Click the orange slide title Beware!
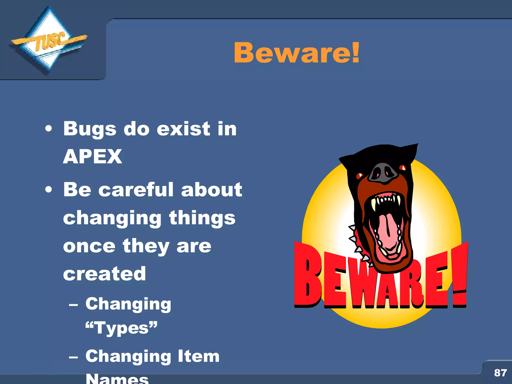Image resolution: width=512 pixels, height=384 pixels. point(296,53)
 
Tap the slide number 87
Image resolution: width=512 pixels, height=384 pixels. point(500,373)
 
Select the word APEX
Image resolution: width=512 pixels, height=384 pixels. point(93,156)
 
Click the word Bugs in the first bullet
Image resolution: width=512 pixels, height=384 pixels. point(90,129)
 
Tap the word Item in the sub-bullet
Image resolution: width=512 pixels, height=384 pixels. point(199,356)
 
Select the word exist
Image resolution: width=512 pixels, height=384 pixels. point(184,129)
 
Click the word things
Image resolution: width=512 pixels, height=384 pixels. point(202,218)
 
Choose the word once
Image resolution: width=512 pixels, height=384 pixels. point(89,246)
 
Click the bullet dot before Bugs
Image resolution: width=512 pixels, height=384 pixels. point(49,129)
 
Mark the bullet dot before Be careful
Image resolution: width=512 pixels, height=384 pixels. point(49,189)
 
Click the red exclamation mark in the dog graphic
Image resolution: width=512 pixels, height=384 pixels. point(459,275)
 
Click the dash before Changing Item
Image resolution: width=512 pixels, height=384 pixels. point(73,357)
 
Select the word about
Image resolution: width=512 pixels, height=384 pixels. point(211,189)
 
